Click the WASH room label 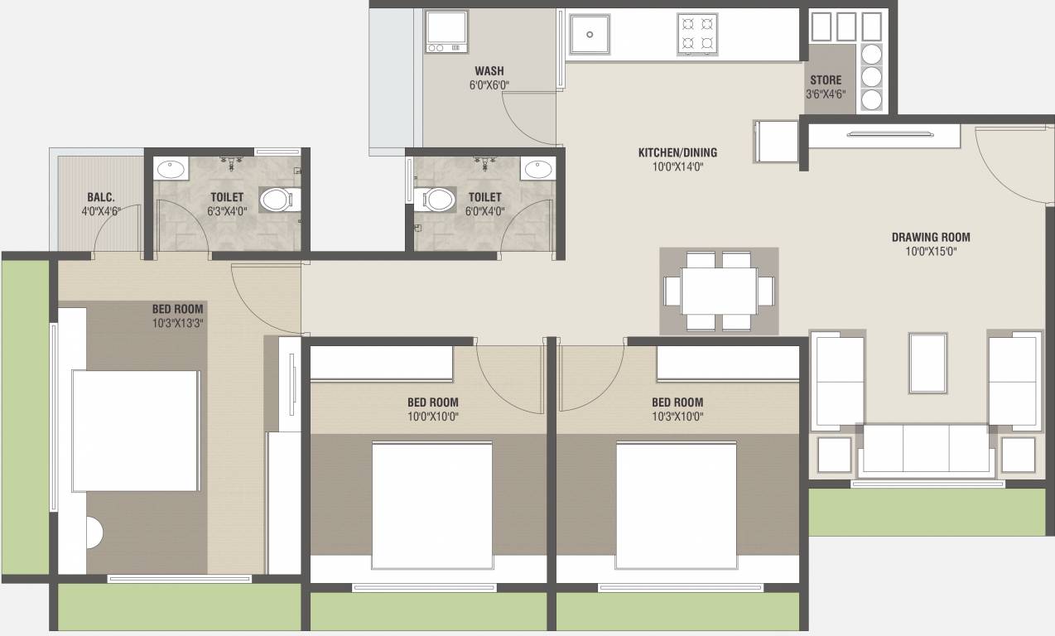[489, 71]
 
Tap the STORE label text [826, 80]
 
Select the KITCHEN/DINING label [677, 152]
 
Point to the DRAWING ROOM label [931, 238]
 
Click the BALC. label [101, 197]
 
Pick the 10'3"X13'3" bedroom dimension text [177, 324]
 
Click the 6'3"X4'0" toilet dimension [227, 211]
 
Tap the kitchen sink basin [590, 34]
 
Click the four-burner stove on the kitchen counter [697, 35]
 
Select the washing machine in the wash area [446, 31]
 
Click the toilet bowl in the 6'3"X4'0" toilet [278, 200]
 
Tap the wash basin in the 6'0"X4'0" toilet [538, 169]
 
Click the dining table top [719, 291]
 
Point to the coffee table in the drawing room [927, 363]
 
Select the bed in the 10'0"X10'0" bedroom [432, 505]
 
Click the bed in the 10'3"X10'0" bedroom [677, 505]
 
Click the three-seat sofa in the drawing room [927, 449]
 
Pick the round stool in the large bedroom [94, 532]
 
